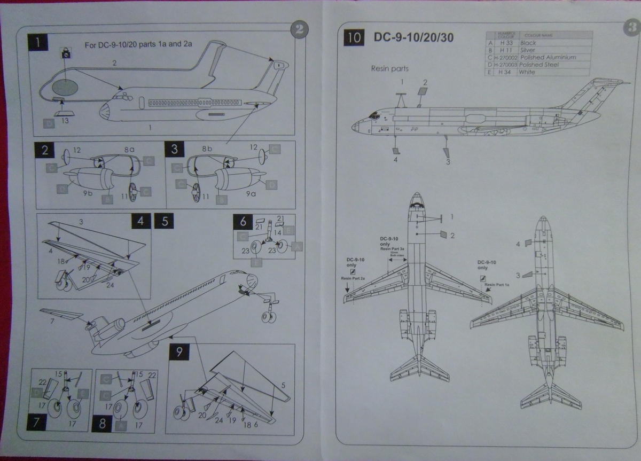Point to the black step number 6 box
(243, 222)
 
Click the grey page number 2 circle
(299, 30)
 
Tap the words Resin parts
(390, 68)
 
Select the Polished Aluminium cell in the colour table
(541, 57)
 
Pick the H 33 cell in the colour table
(503, 43)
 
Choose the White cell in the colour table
(527, 72)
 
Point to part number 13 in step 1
(65, 121)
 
